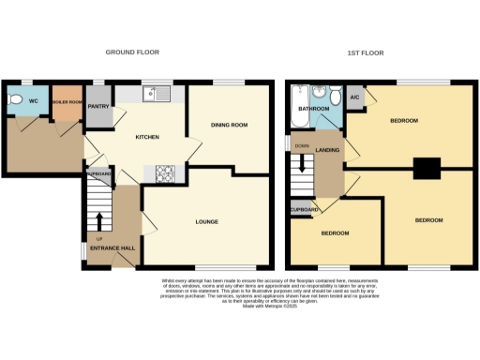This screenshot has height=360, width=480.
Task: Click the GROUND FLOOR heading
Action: [x=131, y=53]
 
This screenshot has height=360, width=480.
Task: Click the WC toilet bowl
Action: [x=14, y=98]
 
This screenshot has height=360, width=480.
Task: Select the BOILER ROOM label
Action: [x=67, y=101]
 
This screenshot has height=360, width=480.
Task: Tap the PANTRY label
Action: [x=99, y=107]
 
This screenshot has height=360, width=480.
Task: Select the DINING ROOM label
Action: [x=229, y=125]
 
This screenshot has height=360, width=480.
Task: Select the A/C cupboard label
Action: [x=354, y=97]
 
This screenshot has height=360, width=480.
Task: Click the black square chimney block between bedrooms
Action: [x=427, y=168]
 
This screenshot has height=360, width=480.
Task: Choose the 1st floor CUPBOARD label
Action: [x=305, y=209]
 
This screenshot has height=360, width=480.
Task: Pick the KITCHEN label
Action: [x=147, y=138]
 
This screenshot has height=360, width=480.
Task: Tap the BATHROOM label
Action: [x=312, y=110]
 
